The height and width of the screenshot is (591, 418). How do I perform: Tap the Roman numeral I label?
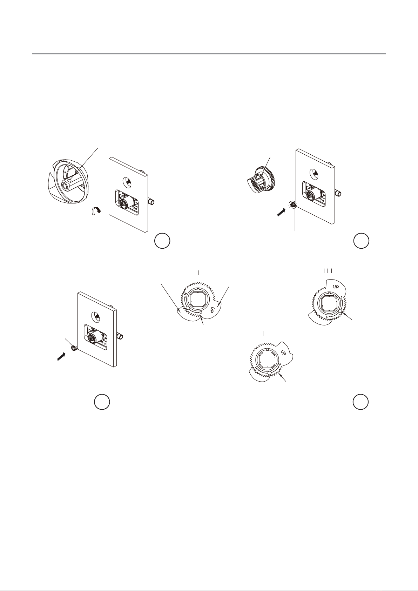click(198, 272)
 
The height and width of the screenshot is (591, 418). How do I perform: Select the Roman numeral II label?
click(265, 334)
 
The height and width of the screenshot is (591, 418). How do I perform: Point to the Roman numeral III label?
click(328, 271)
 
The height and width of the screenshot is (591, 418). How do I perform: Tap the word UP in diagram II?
click(283, 353)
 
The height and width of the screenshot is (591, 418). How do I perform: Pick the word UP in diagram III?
click(336, 287)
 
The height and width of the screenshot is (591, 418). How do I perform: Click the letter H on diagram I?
click(185, 294)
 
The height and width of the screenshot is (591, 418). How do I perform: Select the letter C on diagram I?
click(201, 313)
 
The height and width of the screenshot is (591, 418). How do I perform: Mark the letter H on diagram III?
click(327, 317)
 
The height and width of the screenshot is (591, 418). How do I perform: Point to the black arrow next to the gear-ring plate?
click(281, 213)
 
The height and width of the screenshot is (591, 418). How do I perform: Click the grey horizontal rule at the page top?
click(209, 54)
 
